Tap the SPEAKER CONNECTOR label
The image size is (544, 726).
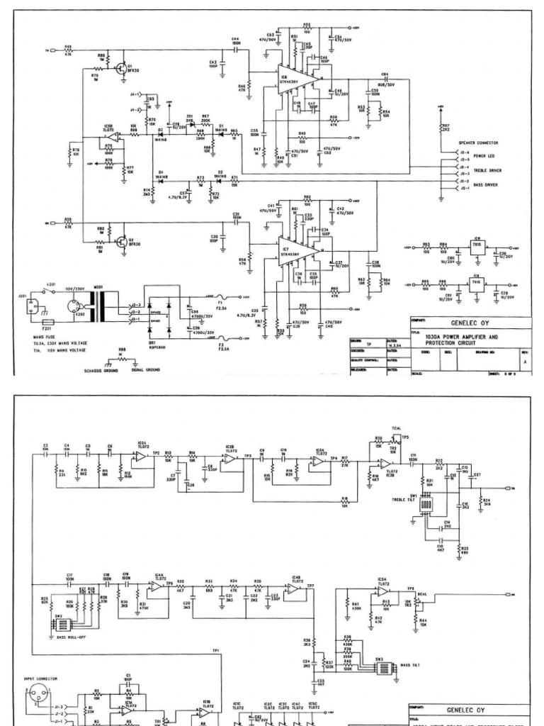point(479,143)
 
